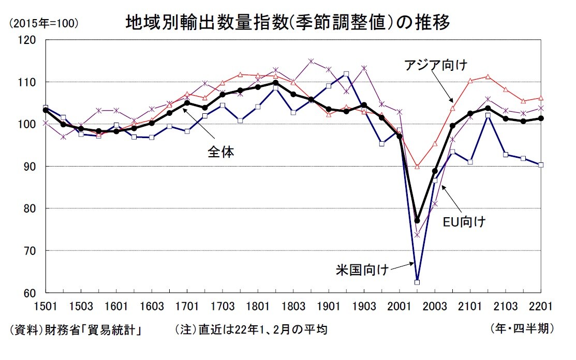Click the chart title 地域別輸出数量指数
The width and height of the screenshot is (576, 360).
tap(287, 23)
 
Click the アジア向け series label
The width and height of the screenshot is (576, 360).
tap(436, 66)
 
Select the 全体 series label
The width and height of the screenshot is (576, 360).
tap(220, 152)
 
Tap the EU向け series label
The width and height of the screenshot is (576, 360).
tap(464, 222)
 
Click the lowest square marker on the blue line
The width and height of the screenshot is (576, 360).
tap(417, 282)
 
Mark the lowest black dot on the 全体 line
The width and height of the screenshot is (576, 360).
tap(417, 221)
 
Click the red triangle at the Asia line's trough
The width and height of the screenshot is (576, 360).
tap(417, 167)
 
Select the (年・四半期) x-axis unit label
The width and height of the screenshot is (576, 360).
tap(522, 328)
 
